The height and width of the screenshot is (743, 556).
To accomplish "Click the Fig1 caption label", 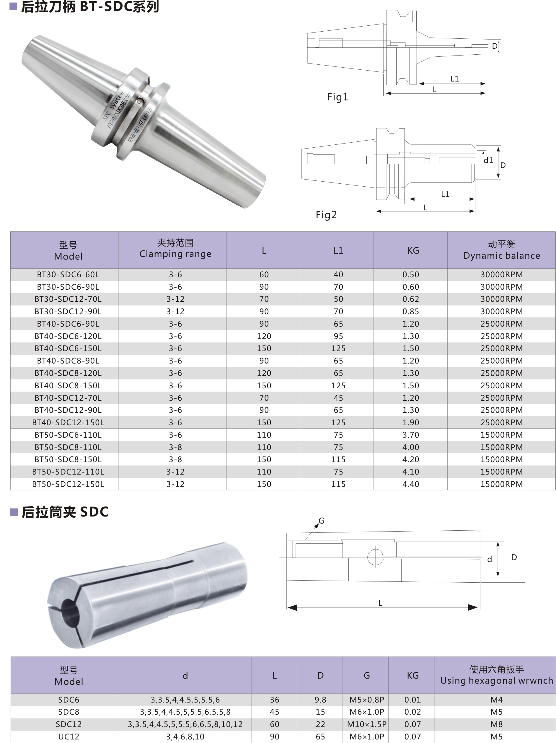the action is tap(337, 97).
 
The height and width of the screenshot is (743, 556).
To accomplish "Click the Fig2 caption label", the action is tap(326, 215).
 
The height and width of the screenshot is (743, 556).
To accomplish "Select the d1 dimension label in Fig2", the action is tap(488, 160).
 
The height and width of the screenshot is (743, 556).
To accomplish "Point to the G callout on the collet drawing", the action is tap(321, 521).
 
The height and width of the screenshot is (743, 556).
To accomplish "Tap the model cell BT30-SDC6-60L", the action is tap(68, 274).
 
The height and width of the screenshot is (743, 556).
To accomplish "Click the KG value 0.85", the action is tap(410, 311).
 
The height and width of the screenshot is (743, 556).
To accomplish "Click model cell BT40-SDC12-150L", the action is tap(68, 422).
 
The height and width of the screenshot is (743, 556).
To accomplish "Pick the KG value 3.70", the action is tap(410, 435).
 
